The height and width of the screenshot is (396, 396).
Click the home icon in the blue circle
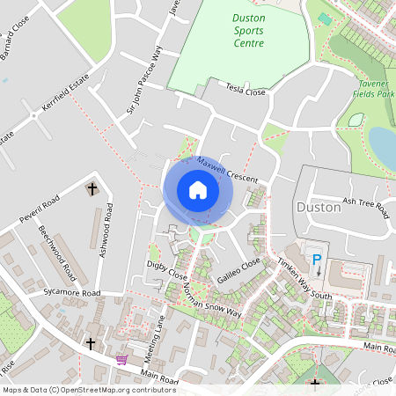click(198, 190)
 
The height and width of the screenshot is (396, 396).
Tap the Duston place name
click(319, 208)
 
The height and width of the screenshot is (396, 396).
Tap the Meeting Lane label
click(156, 335)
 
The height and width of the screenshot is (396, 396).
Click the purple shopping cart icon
click(121, 360)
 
